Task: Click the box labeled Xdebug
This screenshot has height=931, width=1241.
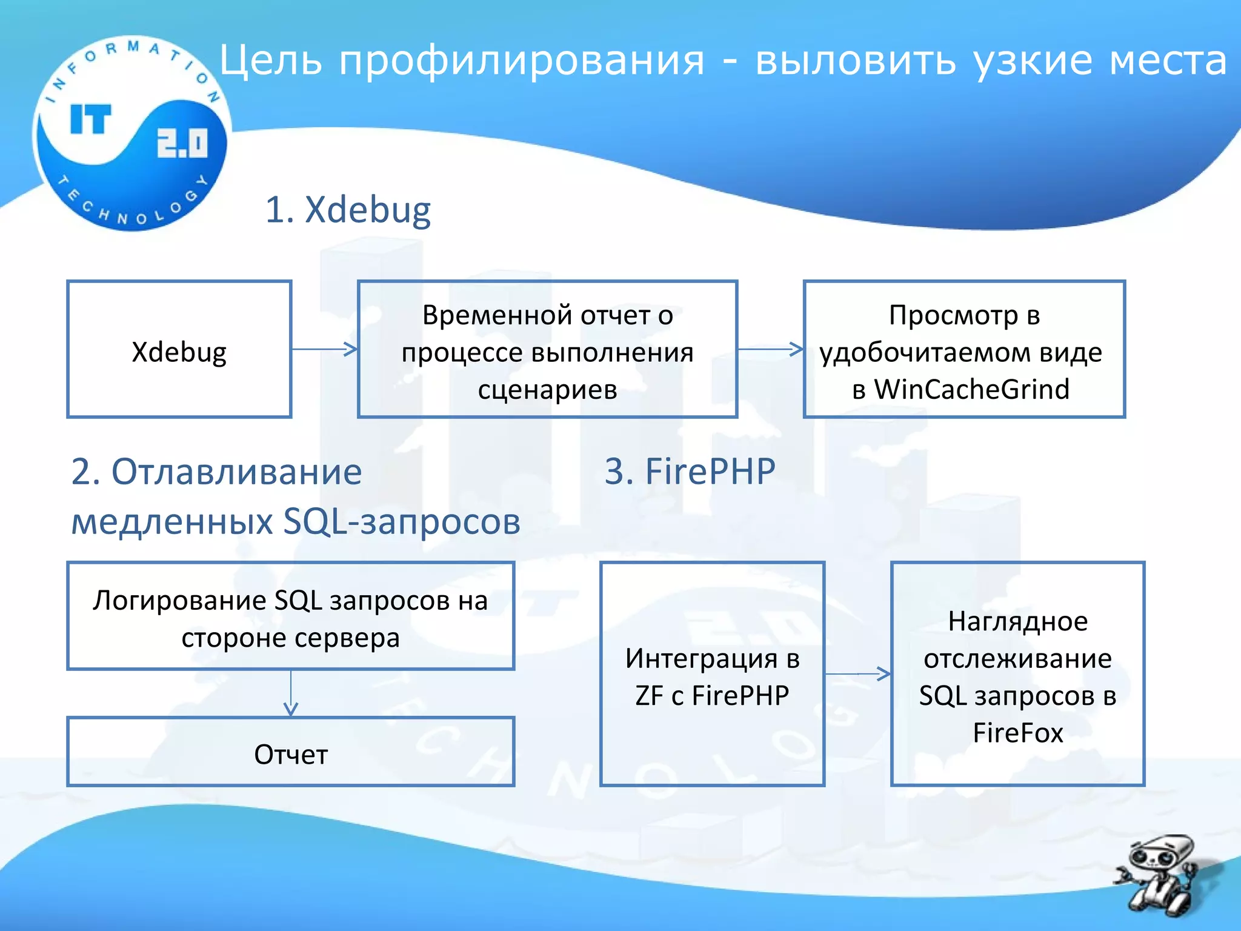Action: (x=179, y=350)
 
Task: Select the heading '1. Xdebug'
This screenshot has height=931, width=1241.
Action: (x=348, y=210)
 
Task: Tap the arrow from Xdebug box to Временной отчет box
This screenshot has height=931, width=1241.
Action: (x=325, y=349)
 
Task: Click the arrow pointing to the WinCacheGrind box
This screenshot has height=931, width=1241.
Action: (x=770, y=349)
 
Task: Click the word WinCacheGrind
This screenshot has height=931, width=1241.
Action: (x=971, y=389)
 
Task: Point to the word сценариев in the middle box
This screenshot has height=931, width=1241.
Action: (x=547, y=389)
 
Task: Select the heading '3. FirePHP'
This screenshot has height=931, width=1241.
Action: (x=690, y=471)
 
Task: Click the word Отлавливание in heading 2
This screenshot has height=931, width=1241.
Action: (x=236, y=472)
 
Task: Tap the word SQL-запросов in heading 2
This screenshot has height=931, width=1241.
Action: (x=402, y=521)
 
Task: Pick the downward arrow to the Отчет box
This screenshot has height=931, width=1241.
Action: (x=291, y=694)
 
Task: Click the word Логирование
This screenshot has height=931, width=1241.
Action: (x=179, y=601)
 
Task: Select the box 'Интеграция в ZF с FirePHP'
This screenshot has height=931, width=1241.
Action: (x=712, y=674)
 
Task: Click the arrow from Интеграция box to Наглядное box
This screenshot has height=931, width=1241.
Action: (x=857, y=673)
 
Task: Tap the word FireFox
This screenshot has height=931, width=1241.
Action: (x=1017, y=733)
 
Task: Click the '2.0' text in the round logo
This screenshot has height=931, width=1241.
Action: (x=182, y=143)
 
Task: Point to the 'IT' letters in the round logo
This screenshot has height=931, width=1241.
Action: (x=91, y=119)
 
